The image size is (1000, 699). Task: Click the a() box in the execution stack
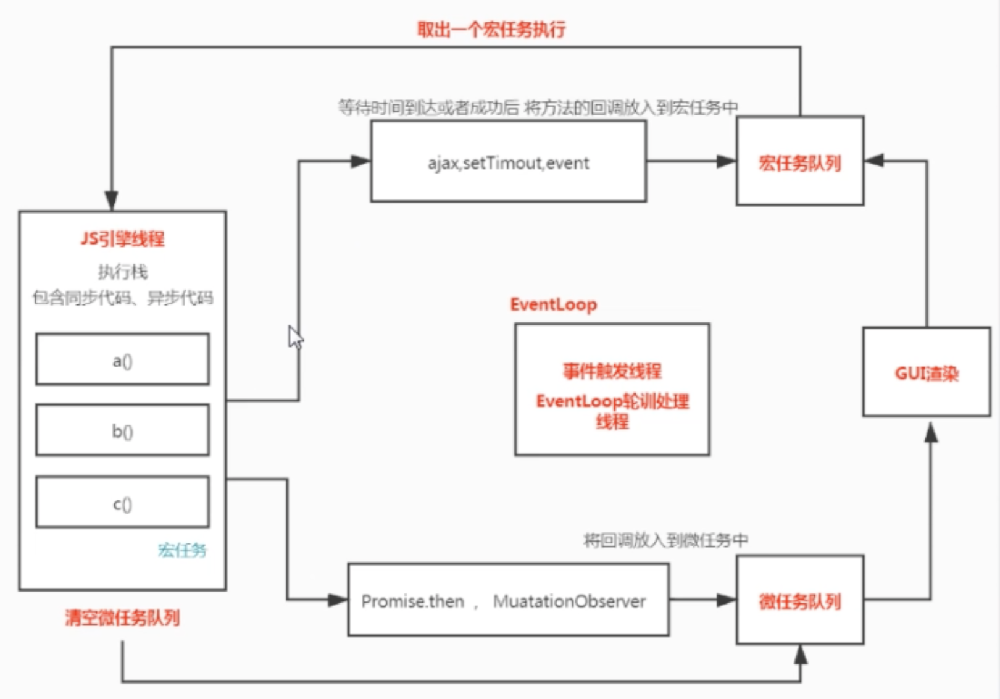tap(122, 359)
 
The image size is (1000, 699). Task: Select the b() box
tap(122, 430)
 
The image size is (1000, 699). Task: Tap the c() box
tap(122, 503)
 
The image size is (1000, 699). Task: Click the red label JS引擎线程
tap(122, 239)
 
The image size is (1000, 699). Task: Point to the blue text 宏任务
tap(181, 550)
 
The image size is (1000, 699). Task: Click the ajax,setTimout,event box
tap(508, 162)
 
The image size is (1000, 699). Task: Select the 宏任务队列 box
tap(799, 162)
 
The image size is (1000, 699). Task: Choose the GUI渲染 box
tap(926, 373)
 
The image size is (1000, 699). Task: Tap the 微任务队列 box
tap(799, 601)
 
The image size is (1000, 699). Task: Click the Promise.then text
tap(412, 601)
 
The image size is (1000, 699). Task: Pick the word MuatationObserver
tap(569, 601)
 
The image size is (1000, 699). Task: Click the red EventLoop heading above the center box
tap(553, 304)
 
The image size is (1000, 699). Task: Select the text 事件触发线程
tap(611, 371)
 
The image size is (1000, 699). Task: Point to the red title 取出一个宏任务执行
tap(491, 29)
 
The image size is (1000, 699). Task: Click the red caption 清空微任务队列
tap(122, 617)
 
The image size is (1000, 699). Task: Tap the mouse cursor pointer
tap(295, 337)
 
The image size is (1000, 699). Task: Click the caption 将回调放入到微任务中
tap(665, 540)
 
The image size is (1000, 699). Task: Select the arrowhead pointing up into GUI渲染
tap(931, 432)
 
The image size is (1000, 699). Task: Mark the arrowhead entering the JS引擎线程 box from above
tap(111, 201)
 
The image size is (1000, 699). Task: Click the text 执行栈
tap(122, 272)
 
